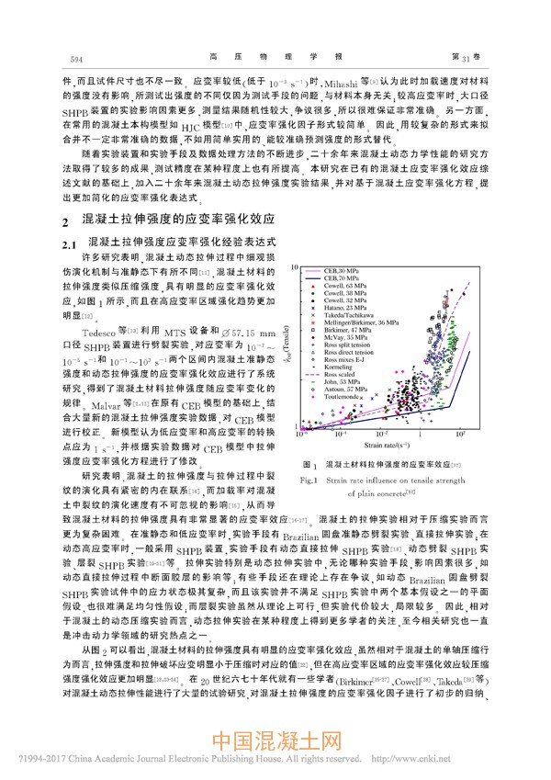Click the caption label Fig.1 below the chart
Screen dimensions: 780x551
pyautogui.click(x=309, y=480)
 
